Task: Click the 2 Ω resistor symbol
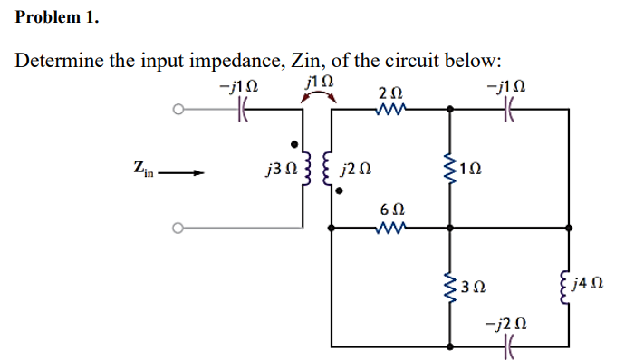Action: click(391, 111)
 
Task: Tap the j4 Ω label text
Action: click(595, 288)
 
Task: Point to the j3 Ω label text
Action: click(274, 170)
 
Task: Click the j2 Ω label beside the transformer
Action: click(351, 170)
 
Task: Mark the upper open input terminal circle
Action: click(180, 112)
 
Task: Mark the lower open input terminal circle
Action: click(180, 228)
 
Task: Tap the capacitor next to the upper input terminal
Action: click(241, 112)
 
